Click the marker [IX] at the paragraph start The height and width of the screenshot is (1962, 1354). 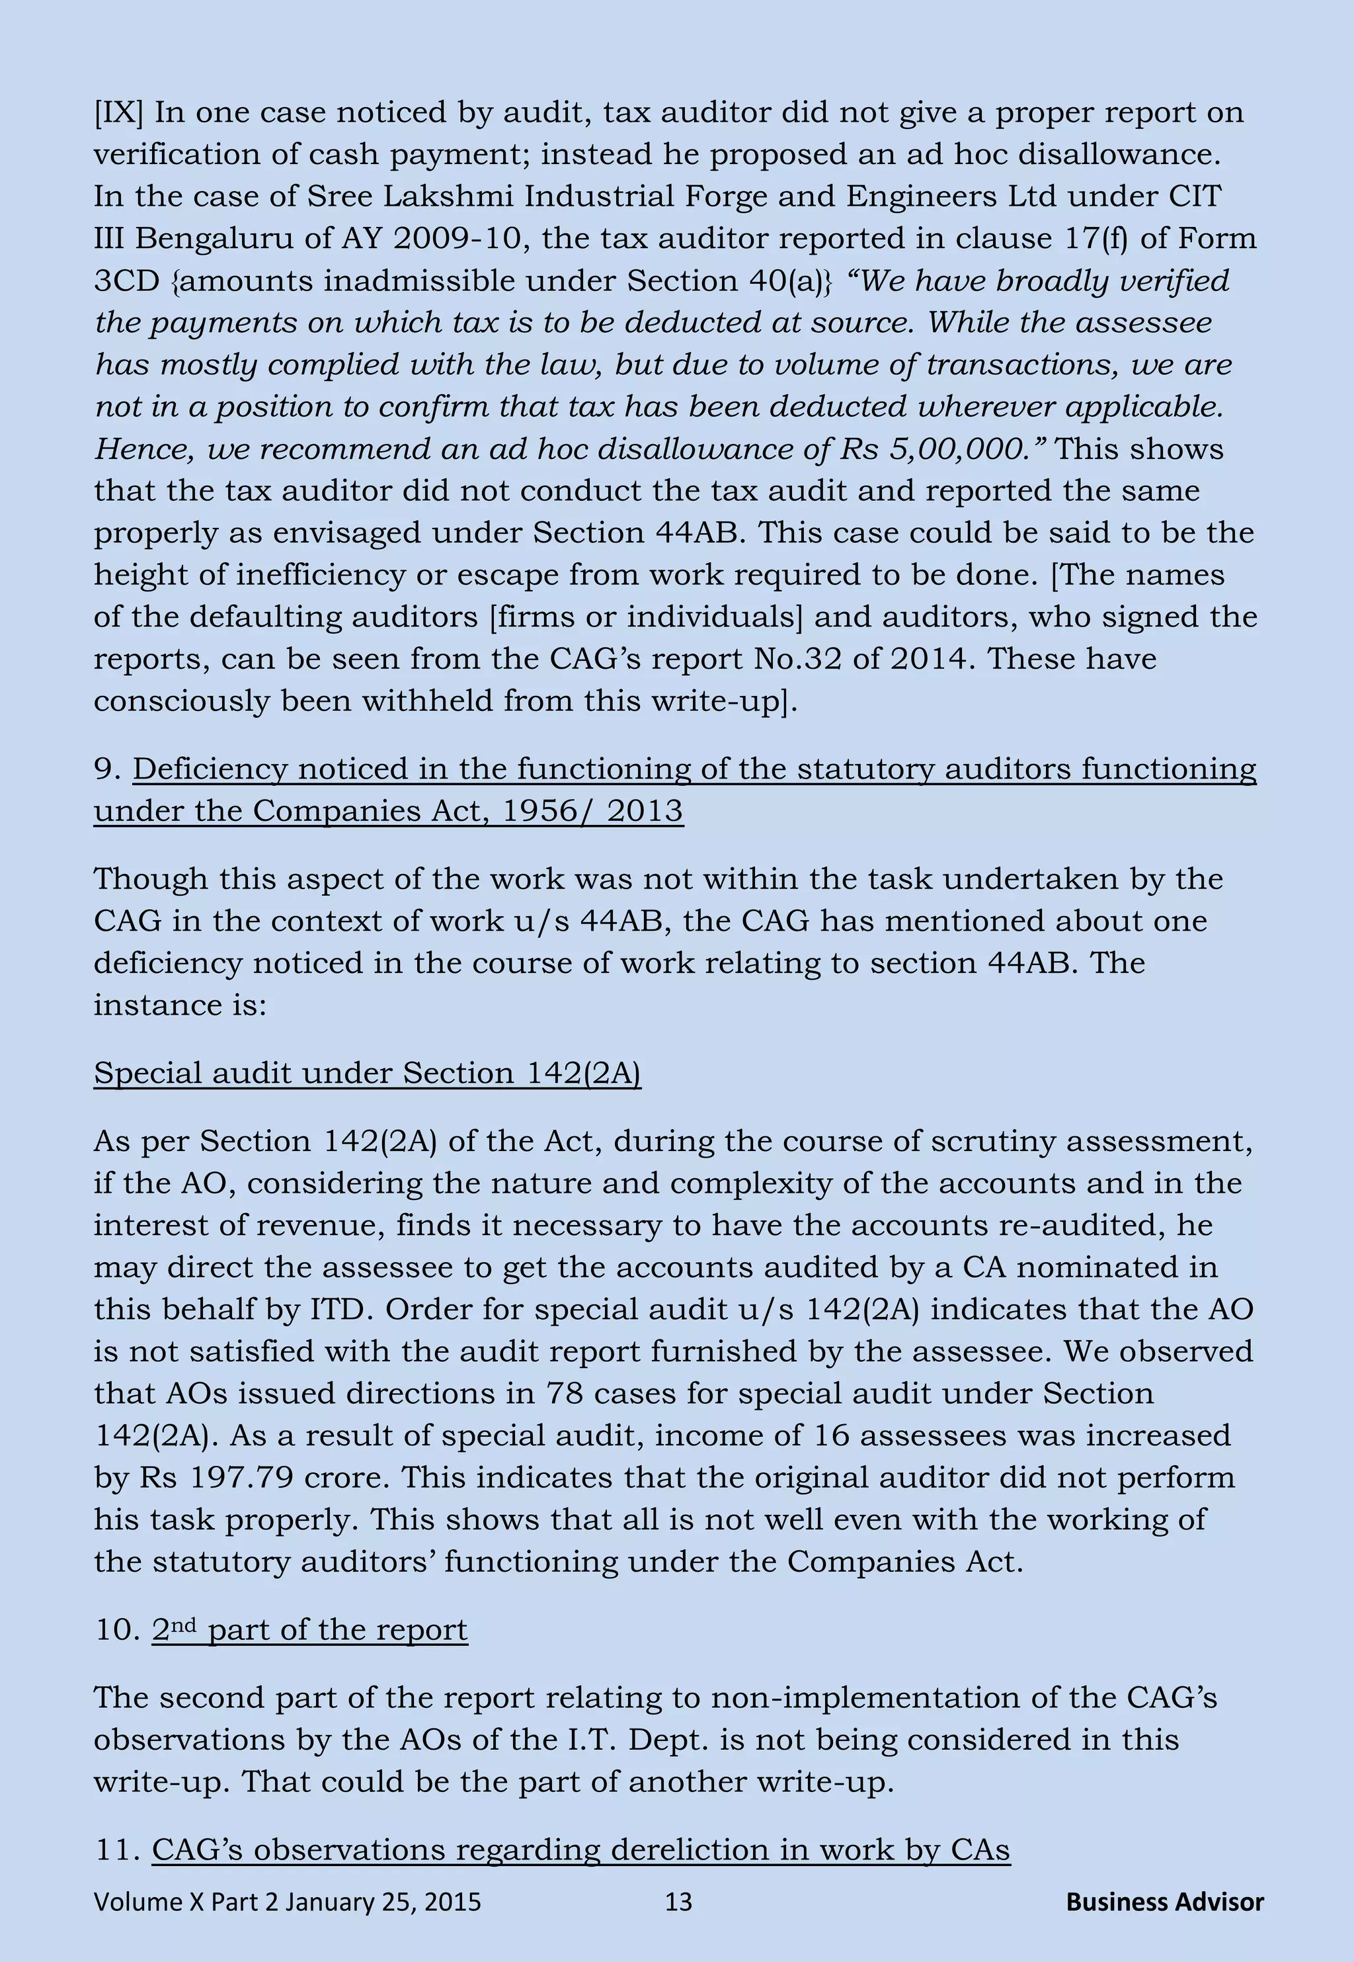click(x=119, y=113)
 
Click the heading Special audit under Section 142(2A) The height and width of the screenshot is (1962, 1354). click(x=366, y=1073)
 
